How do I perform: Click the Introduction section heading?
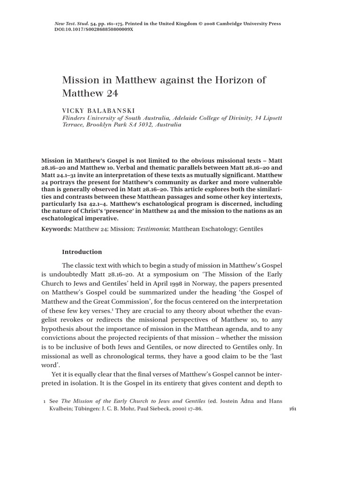(82, 252)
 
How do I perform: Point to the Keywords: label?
(56, 229)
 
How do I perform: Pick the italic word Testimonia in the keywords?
(152, 229)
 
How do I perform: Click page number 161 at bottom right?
(292, 409)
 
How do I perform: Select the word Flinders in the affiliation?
(75, 118)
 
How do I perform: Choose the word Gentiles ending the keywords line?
(251, 229)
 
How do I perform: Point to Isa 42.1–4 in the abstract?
(114, 204)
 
